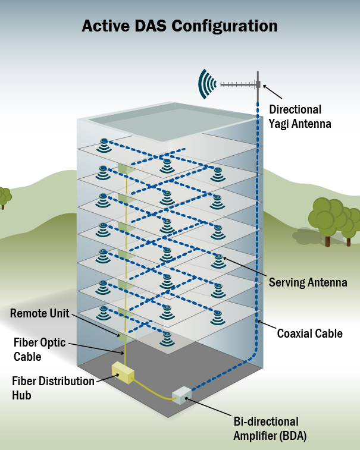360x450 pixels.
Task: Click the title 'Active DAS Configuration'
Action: coord(180,26)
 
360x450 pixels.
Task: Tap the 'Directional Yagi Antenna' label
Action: coord(300,117)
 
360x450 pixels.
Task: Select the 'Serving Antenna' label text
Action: coord(308,283)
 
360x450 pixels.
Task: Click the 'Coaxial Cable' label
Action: coord(309,333)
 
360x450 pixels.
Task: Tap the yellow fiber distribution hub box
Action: coord(123,372)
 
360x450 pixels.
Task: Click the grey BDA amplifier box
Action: coord(183,395)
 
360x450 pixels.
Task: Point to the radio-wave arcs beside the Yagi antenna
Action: coord(208,84)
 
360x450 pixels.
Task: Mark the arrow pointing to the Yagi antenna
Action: coord(272,92)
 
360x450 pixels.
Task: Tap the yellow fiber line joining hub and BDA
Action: coord(151,393)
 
